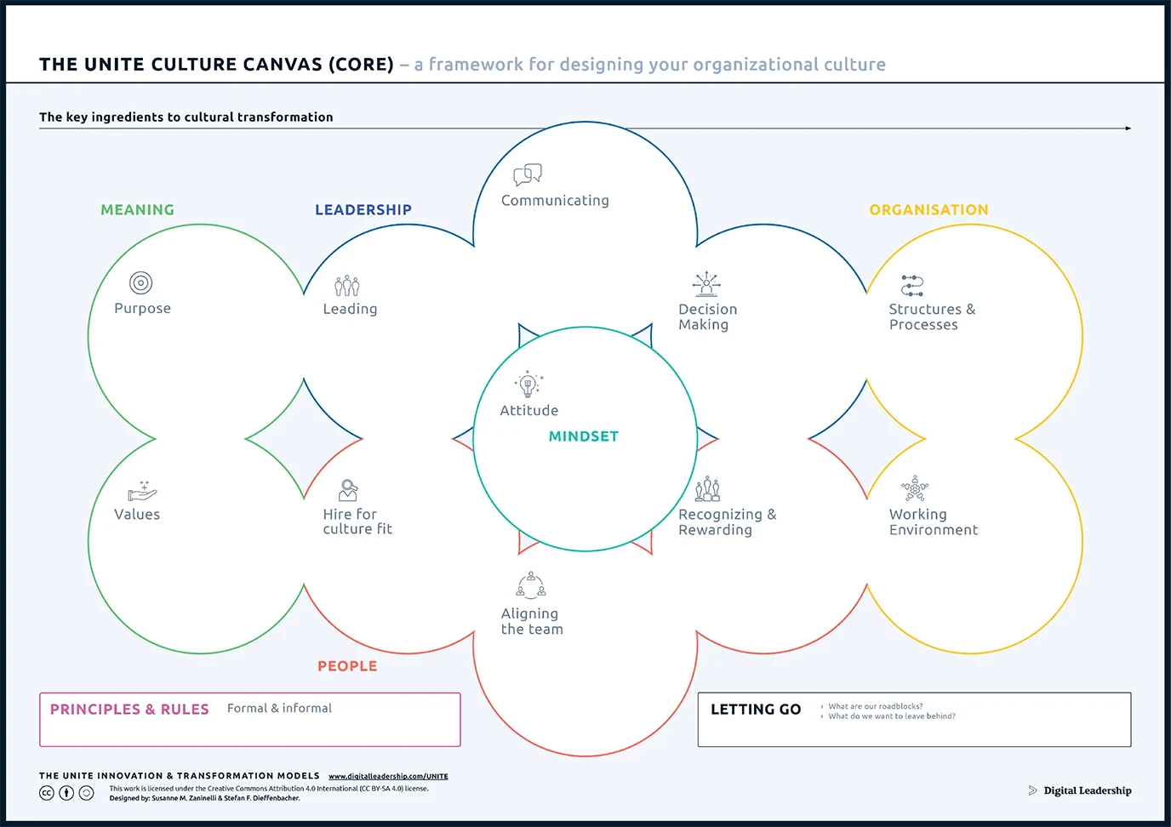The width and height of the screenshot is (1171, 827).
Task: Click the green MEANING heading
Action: point(137,210)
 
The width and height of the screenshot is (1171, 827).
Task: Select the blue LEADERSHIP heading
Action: point(363,210)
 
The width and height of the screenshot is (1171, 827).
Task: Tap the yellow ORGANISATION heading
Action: point(928,210)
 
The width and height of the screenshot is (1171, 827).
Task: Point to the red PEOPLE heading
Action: point(347,666)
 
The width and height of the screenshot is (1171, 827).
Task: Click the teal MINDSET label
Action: point(583,436)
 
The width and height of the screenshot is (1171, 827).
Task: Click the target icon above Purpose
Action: point(141,282)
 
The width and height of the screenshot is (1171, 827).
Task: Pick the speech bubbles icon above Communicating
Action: point(528,175)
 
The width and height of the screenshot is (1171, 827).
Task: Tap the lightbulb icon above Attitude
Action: point(528,385)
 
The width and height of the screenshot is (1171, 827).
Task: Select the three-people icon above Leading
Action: point(346,285)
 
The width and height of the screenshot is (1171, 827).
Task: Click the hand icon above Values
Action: point(142,491)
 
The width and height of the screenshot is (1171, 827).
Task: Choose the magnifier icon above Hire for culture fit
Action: point(348,490)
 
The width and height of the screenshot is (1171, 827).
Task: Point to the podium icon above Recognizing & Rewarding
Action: point(707,489)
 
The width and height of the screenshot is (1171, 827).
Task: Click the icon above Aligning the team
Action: point(531,585)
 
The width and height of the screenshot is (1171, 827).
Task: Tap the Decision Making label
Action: point(707,317)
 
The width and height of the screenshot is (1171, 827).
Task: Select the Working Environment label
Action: point(933,522)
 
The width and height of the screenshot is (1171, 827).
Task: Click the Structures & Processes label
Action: point(932,317)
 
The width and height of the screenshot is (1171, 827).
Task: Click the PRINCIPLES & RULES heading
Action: point(129,710)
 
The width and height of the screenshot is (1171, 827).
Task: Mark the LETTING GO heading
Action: point(756,710)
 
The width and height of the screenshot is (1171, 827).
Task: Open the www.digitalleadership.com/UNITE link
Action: point(388,776)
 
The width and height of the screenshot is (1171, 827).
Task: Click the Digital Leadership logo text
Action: point(1087,790)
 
